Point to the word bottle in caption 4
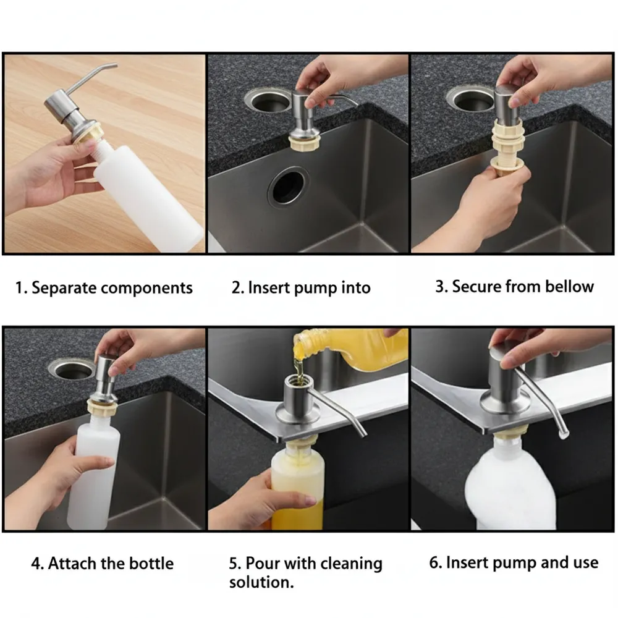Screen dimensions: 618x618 pyautogui.click(x=151, y=563)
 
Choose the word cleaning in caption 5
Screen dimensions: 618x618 pyautogui.click(x=351, y=564)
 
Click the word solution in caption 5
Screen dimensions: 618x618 pyautogui.click(x=261, y=582)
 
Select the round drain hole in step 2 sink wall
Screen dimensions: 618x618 pyautogui.click(x=289, y=186)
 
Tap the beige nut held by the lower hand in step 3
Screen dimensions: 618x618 pyautogui.click(x=507, y=165)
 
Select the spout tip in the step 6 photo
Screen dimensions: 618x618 pyautogui.click(x=563, y=434)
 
